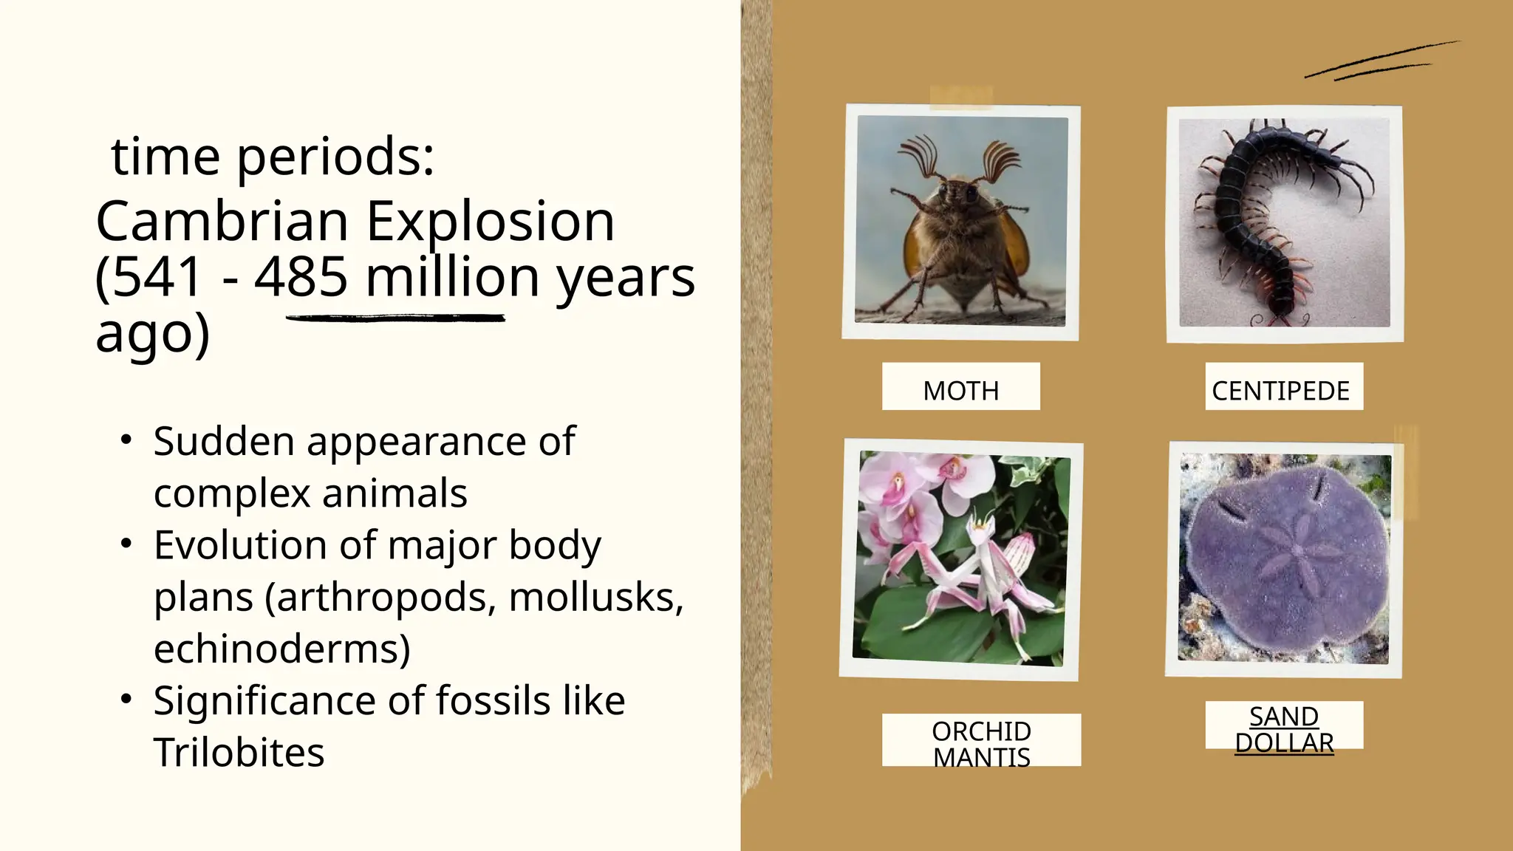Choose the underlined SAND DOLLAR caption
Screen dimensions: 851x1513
pyautogui.click(x=1284, y=729)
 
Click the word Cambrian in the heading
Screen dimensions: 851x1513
pyautogui.click(x=222, y=222)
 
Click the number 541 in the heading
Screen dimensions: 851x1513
pyautogui.click(x=157, y=278)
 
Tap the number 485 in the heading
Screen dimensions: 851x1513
pyautogui.click(x=301, y=278)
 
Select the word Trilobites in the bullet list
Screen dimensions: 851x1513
pyautogui.click(x=239, y=752)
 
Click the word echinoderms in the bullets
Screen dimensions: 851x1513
pyautogui.click(x=281, y=649)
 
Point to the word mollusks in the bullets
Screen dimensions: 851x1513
pyautogui.click(x=595, y=597)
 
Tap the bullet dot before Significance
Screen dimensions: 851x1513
pyautogui.click(x=126, y=698)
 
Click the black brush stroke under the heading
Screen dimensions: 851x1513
pyautogui.click(x=395, y=318)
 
